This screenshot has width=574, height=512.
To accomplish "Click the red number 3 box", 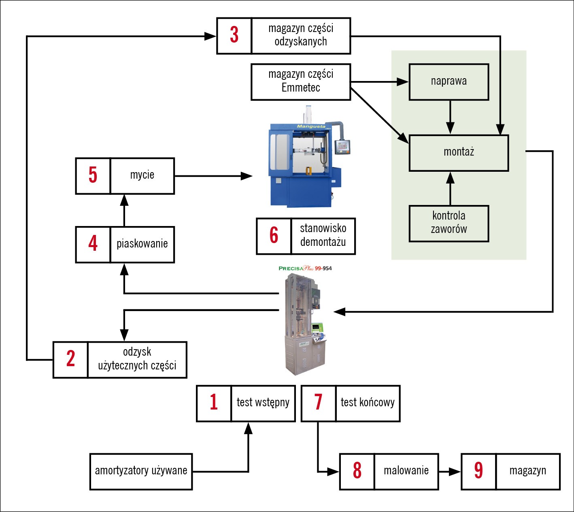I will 234,36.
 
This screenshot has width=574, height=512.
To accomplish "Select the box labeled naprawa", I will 449,82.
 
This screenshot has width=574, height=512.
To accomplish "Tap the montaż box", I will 459,153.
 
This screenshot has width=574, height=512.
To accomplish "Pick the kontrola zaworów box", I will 449,224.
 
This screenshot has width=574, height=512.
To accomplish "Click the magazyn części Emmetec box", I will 301,82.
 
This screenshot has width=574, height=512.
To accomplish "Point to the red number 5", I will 93,176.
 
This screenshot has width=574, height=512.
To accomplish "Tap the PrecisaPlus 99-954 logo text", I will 305,268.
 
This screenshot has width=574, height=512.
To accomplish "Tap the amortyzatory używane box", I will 141,471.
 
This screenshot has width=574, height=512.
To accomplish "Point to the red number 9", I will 478,471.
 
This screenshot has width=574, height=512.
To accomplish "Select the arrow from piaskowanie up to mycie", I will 124,211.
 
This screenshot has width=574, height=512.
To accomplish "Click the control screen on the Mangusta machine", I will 343,146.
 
